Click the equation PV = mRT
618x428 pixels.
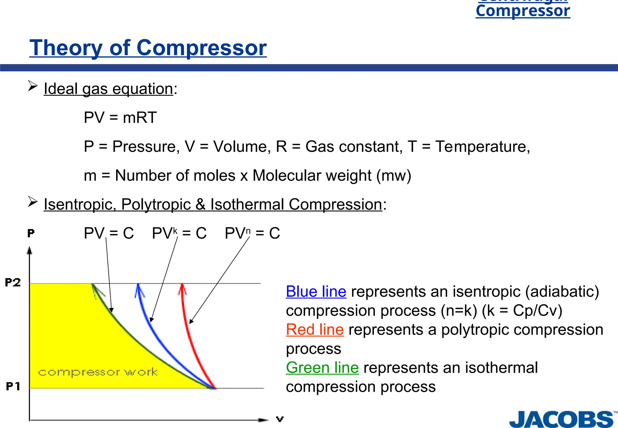point(120,117)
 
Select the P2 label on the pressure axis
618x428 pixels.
point(13,283)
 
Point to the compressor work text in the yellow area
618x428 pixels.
point(98,372)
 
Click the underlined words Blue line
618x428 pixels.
point(316,292)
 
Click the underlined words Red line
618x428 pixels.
point(315,330)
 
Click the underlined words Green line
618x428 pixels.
point(322,368)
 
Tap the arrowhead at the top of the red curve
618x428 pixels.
point(182,289)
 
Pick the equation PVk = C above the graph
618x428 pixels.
point(179,233)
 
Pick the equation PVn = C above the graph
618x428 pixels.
point(252,233)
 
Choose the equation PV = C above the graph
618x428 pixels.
point(109,233)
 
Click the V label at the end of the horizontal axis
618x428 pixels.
point(280,419)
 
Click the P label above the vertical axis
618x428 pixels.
point(31,233)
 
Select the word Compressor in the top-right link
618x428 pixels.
point(523,11)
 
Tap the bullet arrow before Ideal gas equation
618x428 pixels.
point(33,86)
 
